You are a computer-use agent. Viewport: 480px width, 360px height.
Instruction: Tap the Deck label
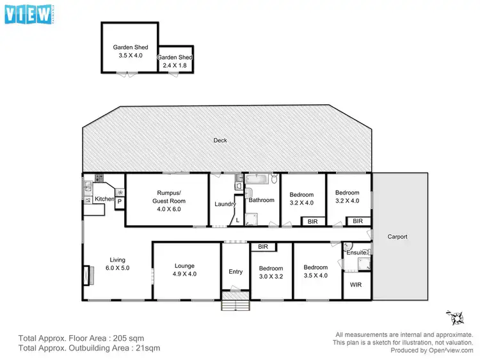[x=220, y=140]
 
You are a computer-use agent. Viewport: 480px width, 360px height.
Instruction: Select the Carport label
[x=397, y=237]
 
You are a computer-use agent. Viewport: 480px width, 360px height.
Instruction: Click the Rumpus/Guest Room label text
[x=167, y=197]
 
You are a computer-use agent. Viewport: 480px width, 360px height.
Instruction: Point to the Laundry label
[x=225, y=204]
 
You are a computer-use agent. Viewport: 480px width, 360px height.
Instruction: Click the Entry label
[x=236, y=272]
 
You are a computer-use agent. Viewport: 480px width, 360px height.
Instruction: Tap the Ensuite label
[x=356, y=253]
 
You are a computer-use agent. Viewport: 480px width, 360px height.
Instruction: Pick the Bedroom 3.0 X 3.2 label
[x=271, y=272]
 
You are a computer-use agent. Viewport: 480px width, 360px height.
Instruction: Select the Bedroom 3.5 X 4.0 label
[x=316, y=272]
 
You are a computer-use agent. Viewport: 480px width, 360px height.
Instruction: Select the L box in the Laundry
[x=237, y=219]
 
